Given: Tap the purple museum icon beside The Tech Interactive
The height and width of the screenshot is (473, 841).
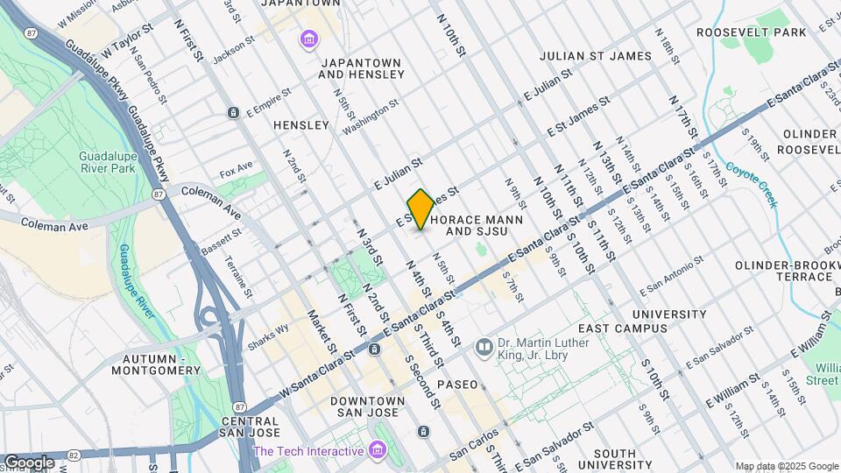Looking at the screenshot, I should (x=378, y=451).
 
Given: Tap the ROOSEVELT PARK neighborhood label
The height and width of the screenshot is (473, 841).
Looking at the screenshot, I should (x=751, y=32).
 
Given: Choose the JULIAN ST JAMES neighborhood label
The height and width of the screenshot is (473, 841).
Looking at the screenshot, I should (x=596, y=56).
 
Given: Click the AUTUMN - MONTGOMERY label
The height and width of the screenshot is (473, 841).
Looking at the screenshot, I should (x=162, y=364).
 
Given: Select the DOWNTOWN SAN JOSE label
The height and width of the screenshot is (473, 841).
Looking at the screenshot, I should (x=367, y=407).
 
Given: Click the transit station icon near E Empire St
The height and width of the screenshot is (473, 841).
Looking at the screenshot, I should (x=233, y=113).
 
